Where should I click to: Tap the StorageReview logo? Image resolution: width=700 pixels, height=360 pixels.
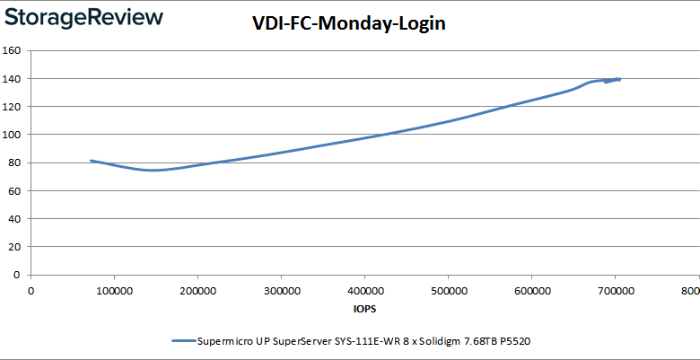83,17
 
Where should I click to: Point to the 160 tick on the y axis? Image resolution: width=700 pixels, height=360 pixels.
13,50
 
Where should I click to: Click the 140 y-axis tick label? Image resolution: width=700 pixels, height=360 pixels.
13,78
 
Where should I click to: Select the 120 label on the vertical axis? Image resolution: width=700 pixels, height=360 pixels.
13,106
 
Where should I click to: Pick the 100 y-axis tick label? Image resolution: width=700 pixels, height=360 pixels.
13,135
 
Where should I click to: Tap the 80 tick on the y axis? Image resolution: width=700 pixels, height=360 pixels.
15,162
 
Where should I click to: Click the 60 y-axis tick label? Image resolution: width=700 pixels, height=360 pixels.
15,190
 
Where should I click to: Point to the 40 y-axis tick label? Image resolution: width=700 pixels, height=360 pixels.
15,218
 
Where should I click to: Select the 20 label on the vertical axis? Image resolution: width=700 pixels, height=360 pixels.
15,247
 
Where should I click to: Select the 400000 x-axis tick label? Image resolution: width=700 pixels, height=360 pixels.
363,291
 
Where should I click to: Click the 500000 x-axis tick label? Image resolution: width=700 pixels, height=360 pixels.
447,291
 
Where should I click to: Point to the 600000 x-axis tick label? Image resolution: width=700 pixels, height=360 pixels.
530,291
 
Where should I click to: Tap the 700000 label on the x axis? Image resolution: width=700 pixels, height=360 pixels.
614,291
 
